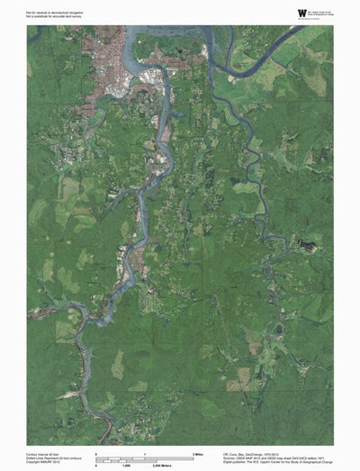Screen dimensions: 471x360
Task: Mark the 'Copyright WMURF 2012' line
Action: (x=43, y=461)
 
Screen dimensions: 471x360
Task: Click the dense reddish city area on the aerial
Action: (x=112, y=63)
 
